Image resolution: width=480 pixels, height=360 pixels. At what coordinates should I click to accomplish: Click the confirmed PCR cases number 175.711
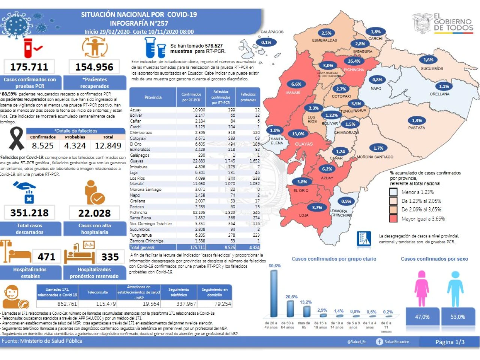click(x=29, y=67)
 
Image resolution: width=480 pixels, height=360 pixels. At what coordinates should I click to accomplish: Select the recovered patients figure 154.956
click(x=94, y=67)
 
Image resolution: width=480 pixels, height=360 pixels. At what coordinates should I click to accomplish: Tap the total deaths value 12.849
click(x=108, y=145)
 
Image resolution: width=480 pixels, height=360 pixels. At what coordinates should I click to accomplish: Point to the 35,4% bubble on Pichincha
click(x=354, y=61)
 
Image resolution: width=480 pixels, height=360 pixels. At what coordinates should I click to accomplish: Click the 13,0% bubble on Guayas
click(x=298, y=134)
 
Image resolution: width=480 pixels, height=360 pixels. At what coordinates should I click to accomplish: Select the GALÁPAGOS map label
click(x=272, y=32)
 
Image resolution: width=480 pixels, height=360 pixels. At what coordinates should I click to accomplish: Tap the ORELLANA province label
click(x=439, y=94)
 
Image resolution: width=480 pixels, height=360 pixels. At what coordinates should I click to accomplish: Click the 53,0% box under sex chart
click(x=458, y=317)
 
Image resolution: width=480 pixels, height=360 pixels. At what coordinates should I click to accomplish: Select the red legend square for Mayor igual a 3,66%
click(x=393, y=219)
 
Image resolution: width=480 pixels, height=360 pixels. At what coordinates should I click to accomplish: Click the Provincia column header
click(x=153, y=97)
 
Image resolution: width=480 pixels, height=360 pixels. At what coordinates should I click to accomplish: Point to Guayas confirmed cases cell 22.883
click(x=199, y=161)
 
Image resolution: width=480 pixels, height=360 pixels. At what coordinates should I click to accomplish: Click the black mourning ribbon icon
click(x=16, y=139)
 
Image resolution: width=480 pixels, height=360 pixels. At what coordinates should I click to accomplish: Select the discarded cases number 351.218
click(x=30, y=213)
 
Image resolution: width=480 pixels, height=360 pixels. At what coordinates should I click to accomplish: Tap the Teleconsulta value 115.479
click(x=106, y=304)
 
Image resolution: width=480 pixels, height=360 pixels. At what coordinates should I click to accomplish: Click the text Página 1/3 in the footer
click(x=450, y=342)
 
